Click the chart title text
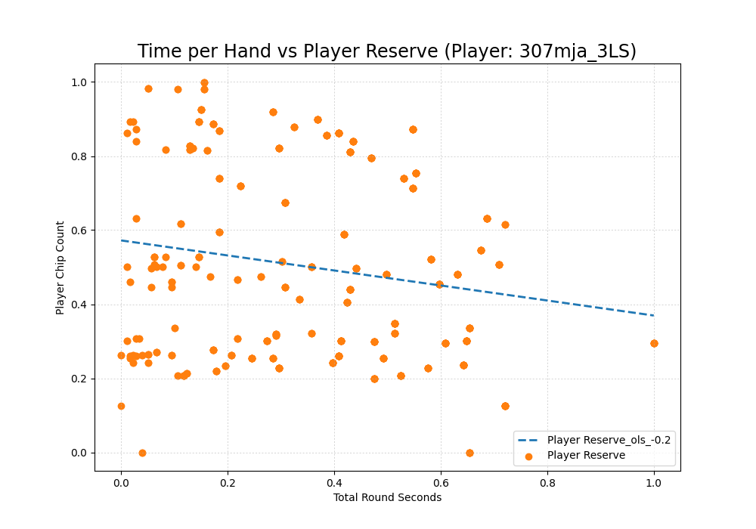386,51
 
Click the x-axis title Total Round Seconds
387,497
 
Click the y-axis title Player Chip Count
60,268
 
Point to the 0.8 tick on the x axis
547,471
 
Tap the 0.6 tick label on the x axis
441,483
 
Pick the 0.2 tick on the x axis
228,471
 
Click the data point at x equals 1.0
654,343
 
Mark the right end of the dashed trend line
654,315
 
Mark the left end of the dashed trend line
121,240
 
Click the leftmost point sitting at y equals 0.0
142,453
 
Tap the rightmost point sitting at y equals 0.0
469,453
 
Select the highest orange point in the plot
204,83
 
